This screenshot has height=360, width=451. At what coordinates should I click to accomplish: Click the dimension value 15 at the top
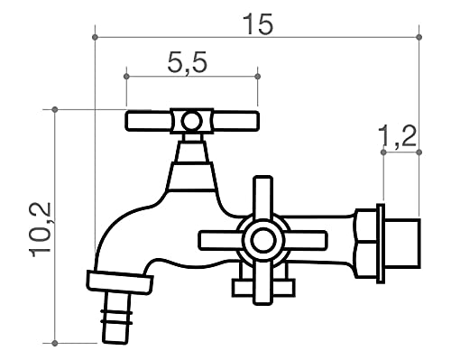(257, 23)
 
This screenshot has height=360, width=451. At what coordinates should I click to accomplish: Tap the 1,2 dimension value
(397, 136)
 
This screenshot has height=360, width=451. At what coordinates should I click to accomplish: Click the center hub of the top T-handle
(191, 121)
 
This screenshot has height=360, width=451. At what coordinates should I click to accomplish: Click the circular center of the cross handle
(262, 240)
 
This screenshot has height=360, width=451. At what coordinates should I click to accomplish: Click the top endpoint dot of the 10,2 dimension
(56, 110)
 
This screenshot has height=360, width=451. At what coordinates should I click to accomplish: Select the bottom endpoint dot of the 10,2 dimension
(56, 343)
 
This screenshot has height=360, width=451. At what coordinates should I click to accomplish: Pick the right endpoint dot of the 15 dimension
(419, 37)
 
